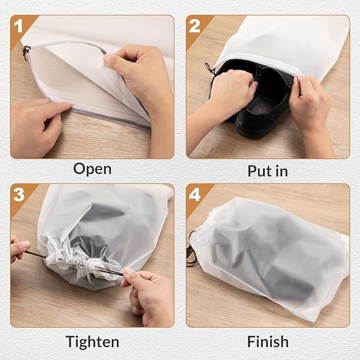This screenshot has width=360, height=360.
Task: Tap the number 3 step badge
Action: pyautogui.click(x=19, y=194)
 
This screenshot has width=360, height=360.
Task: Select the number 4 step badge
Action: pyautogui.click(x=194, y=194)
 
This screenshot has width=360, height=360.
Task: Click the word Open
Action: pyautogui.click(x=92, y=169)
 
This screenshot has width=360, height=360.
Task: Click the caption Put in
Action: pyautogui.click(x=268, y=171)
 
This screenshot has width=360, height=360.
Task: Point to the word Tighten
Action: pyautogui.click(x=92, y=340)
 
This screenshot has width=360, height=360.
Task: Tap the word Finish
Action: pyautogui.click(x=268, y=340)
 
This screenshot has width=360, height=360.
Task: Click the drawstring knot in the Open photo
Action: pyautogui.click(x=25, y=51)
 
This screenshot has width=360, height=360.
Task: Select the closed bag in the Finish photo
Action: pyautogui.click(x=270, y=254)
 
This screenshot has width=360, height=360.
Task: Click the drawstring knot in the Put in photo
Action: pyautogui.click(x=209, y=68)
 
